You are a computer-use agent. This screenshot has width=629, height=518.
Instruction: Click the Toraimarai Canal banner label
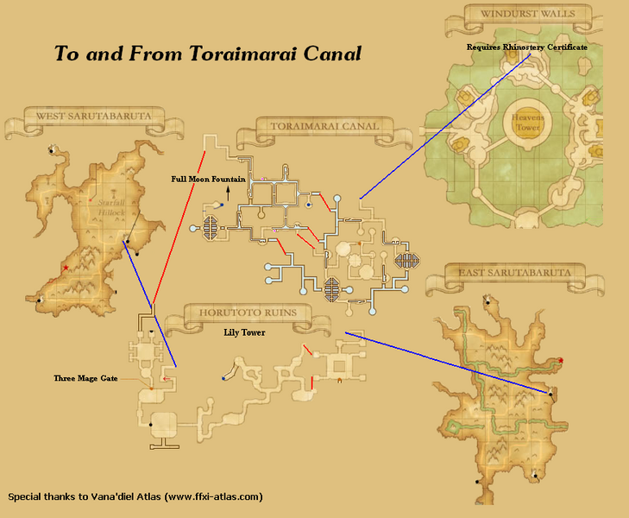pos(324,128)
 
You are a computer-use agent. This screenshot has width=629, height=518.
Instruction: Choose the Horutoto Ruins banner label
pos(246,313)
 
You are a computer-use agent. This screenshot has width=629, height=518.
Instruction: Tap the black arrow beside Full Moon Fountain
pos(228,192)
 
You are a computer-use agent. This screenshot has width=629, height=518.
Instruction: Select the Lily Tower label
pos(245,331)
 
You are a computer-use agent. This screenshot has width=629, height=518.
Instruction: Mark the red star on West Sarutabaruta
pos(66,268)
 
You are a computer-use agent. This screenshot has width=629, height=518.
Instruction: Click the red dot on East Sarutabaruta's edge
pos(561,360)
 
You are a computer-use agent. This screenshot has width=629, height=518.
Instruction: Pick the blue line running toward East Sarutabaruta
pos(449,363)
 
